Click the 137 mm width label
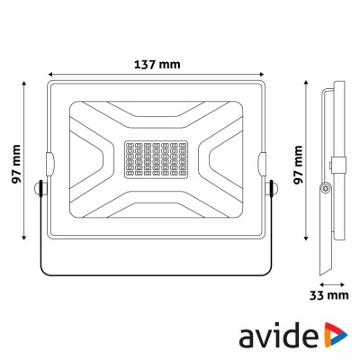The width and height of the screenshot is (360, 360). click(x=157, y=66)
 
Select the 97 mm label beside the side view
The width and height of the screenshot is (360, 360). click(x=301, y=162)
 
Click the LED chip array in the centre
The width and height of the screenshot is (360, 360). click(x=157, y=163)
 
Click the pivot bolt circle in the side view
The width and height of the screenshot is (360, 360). click(x=326, y=187)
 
